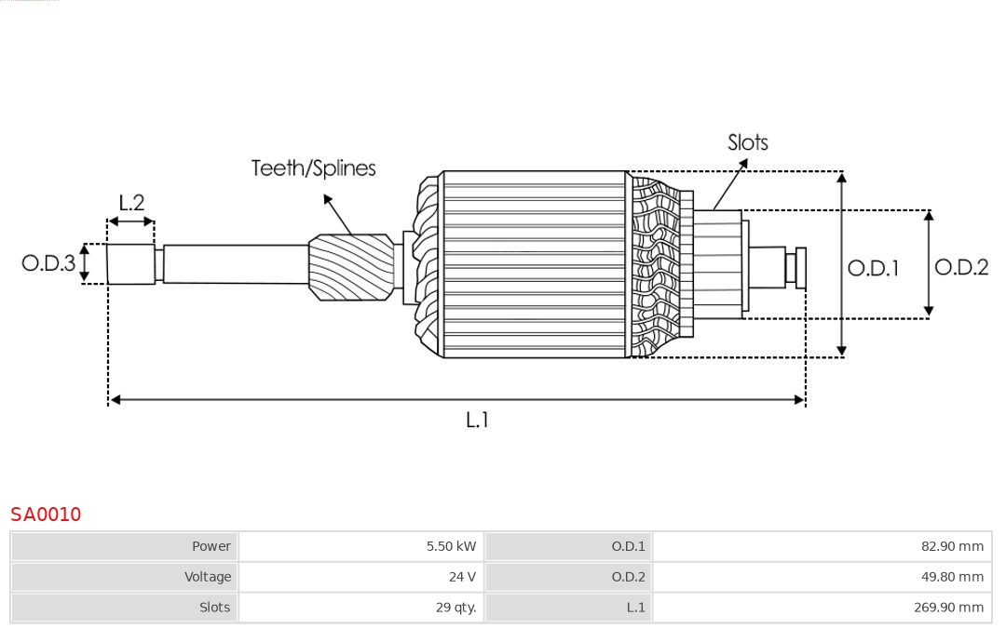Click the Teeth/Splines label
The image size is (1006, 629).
pos(313,168)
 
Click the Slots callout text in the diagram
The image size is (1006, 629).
pos(747,142)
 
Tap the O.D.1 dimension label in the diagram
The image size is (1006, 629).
pos(873,269)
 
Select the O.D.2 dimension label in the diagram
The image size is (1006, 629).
pos(961,268)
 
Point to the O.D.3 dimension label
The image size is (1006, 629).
pos(48,263)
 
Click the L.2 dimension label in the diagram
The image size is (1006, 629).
pos(131,202)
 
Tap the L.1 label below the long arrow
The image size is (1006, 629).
pos(477,421)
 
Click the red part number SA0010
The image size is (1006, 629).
pos(46,515)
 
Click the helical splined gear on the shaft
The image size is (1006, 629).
pos(350,267)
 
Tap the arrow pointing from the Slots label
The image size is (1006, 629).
pos(731,181)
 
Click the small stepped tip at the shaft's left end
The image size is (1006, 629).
pos(130,264)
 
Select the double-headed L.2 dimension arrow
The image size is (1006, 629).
pos(131,221)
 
